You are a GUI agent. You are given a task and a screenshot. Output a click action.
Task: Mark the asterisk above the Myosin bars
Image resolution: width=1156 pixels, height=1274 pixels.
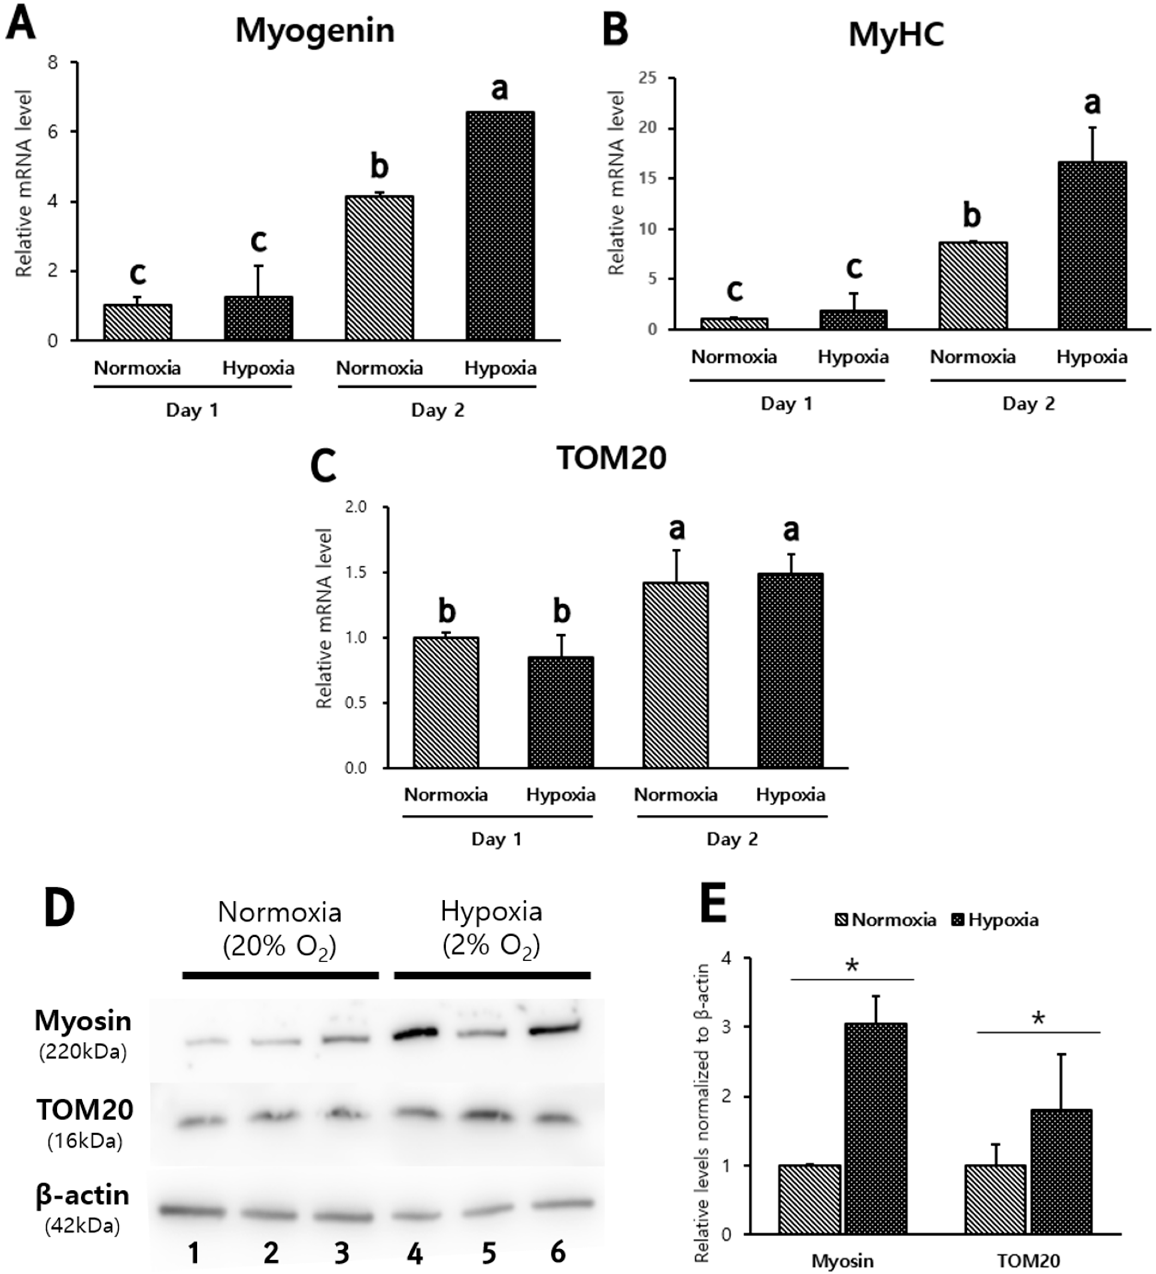(852, 966)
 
